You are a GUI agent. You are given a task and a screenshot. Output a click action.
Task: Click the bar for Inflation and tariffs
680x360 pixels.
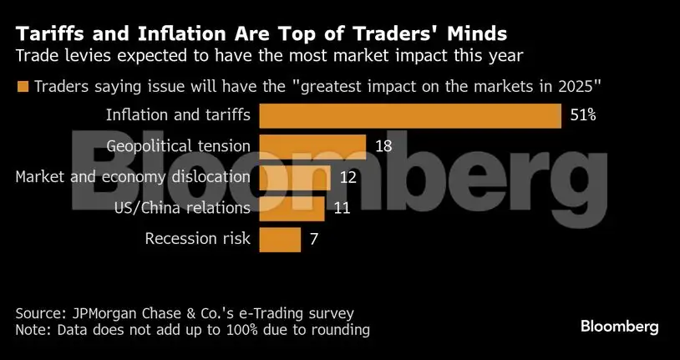(x=410, y=116)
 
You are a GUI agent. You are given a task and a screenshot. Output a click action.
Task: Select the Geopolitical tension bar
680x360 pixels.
(x=312, y=146)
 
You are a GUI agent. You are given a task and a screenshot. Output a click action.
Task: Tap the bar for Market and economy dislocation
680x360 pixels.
(x=296, y=177)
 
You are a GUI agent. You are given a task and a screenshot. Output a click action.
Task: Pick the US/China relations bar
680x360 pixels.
(x=292, y=207)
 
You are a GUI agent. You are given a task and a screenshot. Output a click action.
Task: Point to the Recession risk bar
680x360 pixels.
(x=280, y=238)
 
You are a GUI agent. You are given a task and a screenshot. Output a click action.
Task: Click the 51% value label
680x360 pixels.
(x=582, y=116)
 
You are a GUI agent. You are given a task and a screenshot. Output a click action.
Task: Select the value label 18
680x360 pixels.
(x=384, y=146)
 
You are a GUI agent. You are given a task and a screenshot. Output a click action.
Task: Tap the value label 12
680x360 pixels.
(x=348, y=177)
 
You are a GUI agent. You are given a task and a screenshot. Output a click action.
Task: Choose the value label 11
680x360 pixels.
(x=341, y=207)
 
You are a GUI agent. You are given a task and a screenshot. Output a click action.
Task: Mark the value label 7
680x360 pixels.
(x=314, y=238)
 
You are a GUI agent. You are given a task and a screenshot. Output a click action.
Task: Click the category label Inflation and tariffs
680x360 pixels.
(x=178, y=116)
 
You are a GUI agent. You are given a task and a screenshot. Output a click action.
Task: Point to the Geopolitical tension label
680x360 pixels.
(x=179, y=146)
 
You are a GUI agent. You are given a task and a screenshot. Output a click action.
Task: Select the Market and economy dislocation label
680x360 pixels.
(x=133, y=177)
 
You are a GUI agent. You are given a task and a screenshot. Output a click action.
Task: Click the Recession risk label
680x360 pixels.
(x=197, y=238)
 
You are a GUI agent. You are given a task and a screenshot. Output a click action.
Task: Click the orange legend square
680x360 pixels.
(x=22, y=86)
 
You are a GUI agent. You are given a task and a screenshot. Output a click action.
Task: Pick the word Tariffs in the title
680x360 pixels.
(x=49, y=35)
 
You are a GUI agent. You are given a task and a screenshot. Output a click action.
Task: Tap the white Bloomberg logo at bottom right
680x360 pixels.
(x=619, y=327)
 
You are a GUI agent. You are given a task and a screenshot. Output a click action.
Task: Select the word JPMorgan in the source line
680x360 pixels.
(x=102, y=313)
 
